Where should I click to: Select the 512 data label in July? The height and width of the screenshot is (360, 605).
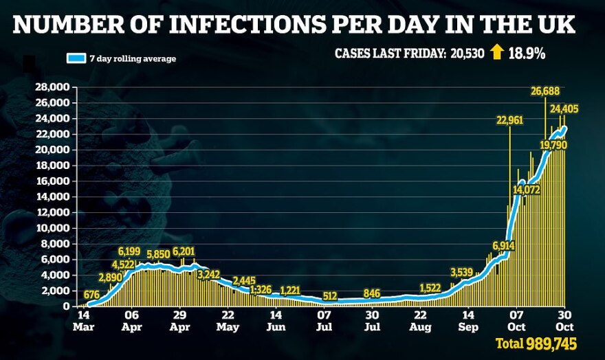[x=330, y=296]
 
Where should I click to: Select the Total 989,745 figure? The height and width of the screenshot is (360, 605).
[x=536, y=343]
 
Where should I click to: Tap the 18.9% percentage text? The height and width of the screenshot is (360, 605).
[x=527, y=53]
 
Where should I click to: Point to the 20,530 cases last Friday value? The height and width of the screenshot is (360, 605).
[x=471, y=54]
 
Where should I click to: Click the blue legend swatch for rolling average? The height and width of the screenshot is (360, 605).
[x=76, y=58]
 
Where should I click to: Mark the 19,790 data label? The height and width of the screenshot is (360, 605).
[x=553, y=145]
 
